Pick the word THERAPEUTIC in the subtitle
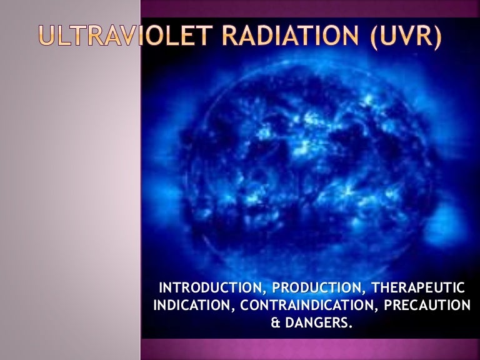click(418, 287)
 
